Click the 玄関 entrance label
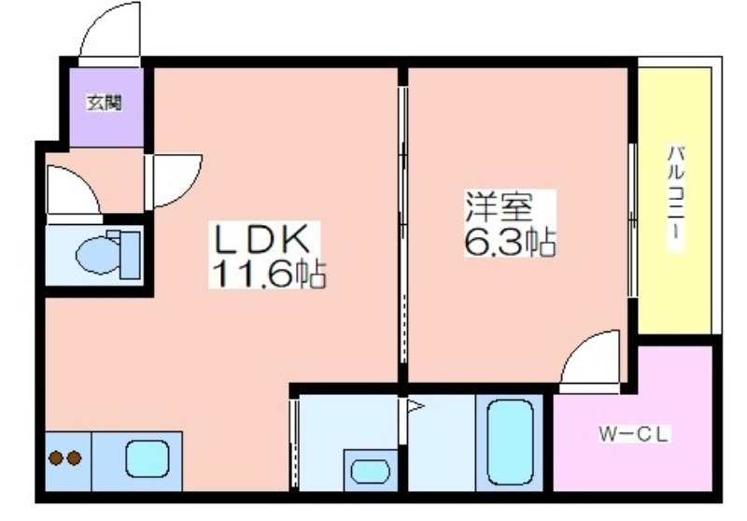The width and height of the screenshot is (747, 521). click(105, 103)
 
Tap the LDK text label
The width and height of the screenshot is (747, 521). click(262, 239)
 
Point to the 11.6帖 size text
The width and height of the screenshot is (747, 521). click(268, 274)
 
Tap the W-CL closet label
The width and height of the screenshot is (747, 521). click(634, 434)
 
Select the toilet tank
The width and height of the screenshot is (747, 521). click(130, 255)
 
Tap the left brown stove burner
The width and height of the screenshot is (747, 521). click(57, 458)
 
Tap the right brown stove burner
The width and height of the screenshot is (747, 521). click(74, 458)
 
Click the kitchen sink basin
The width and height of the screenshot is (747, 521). click(148, 458)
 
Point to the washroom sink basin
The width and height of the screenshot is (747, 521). click(370, 471)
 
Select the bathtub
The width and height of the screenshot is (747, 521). click(510, 442)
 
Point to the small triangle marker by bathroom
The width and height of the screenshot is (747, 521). click(415, 406)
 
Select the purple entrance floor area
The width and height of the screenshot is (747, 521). click(106, 107)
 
